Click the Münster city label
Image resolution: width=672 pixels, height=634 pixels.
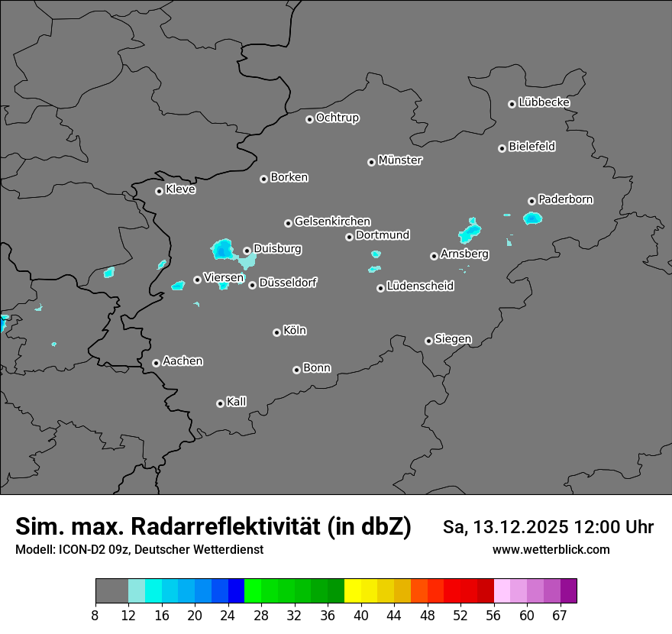[x=400, y=160]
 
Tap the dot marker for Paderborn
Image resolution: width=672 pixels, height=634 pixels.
[x=531, y=201]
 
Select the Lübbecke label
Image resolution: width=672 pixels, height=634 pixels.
[x=544, y=102]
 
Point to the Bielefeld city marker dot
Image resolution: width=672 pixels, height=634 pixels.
[x=502, y=148]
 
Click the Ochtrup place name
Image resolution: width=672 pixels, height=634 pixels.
[x=338, y=118]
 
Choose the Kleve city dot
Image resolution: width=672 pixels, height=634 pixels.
[x=159, y=191]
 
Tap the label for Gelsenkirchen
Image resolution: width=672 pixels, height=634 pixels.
[x=332, y=222]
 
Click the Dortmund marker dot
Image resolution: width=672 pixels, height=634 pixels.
[x=349, y=237]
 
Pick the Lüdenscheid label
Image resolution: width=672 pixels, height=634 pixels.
[x=420, y=286]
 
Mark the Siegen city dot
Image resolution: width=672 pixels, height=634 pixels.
[x=428, y=341]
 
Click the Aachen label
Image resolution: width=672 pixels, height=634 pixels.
[x=183, y=361]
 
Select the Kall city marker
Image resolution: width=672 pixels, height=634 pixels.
[x=220, y=403]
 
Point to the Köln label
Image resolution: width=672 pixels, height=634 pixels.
[x=295, y=331]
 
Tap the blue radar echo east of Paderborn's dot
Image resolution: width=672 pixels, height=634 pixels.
[x=532, y=218]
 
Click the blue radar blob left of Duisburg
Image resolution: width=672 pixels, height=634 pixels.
[x=222, y=248]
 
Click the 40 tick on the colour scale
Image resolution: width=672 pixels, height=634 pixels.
[x=360, y=616]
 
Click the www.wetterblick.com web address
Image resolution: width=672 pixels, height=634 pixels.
[x=551, y=550]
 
